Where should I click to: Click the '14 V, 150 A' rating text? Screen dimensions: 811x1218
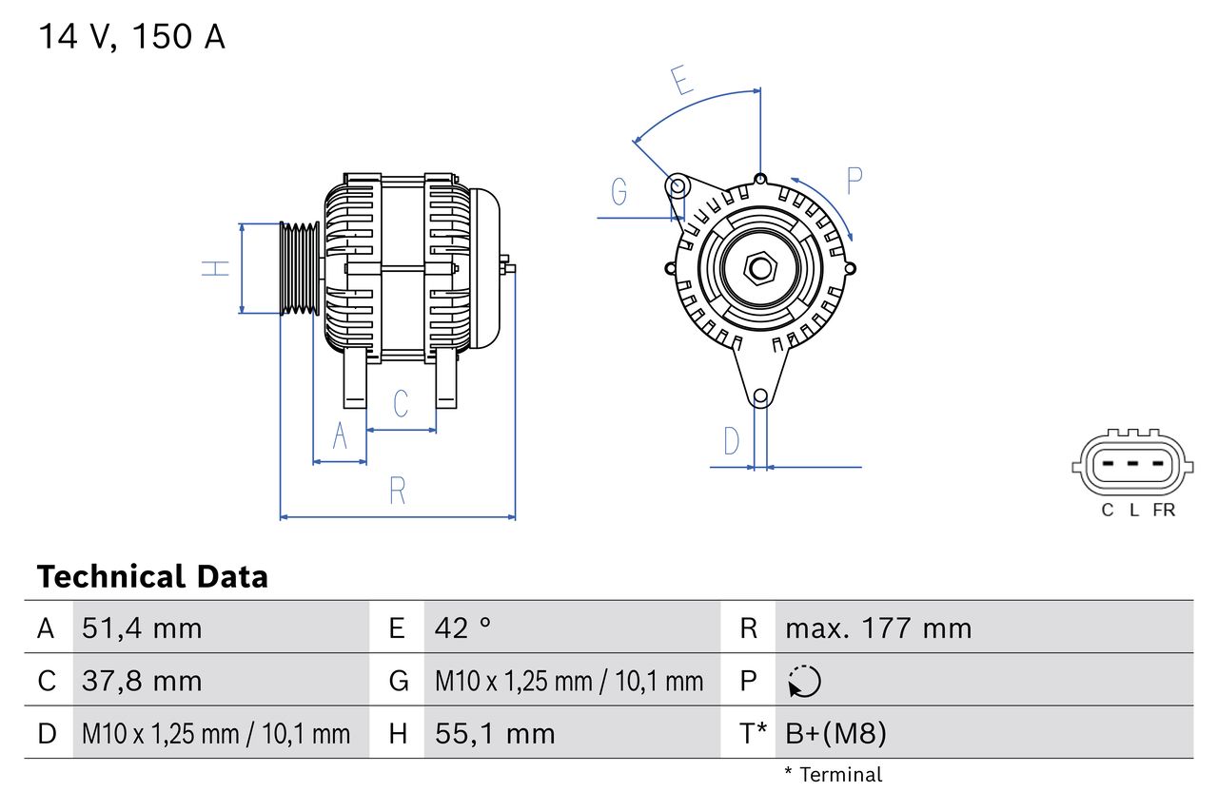(x=131, y=37)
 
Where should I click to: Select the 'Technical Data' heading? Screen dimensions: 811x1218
(x=152, y=576)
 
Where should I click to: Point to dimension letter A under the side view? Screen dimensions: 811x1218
(x=340, y=435)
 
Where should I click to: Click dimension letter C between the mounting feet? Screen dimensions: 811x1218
(x=401, y=403)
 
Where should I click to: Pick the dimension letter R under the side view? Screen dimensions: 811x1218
(x=398, y=491)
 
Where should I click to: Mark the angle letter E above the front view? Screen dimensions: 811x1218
(x=680, y=82)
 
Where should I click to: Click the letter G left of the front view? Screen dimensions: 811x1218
(x=619, y=192)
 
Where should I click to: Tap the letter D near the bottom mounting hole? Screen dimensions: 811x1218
(x=731, y=441)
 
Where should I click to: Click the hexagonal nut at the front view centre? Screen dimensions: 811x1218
(x=759, y=268)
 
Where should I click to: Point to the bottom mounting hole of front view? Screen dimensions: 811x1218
(x=760, y=396)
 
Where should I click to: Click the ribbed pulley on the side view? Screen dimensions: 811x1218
(x=299, y=268)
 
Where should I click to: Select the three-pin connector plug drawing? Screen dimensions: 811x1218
(x=1130, y=466)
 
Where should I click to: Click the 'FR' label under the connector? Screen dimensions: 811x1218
(x=1163, y=511)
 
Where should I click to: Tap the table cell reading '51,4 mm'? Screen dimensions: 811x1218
(x=142, y=628)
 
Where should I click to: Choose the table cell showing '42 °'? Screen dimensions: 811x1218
(x=463, y=628)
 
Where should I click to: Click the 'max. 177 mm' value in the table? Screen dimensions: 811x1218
(x=878, y=628)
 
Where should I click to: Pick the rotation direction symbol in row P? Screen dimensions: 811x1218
(x=804, y=682)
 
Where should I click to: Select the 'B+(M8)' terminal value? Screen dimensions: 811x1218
(x=835, y=733)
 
